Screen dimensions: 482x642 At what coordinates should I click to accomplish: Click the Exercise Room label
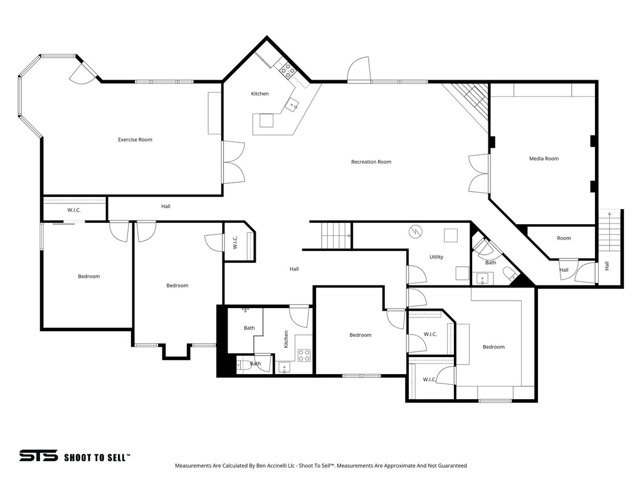(x=135, y=139)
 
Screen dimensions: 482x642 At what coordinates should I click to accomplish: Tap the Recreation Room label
(x=371, y=162)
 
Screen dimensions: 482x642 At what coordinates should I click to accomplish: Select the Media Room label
(x=543, y=159)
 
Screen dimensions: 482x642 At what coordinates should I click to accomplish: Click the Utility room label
(x=436, y=257)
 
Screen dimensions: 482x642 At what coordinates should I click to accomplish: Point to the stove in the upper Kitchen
(x=288, y=70)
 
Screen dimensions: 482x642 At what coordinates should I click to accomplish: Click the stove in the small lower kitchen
(x=303, y=355)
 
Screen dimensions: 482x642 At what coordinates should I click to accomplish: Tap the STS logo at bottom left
(x=38, y=456)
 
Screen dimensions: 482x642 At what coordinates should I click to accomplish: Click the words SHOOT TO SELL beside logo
(x=97, y=457)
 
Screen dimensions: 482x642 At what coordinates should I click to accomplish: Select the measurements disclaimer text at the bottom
(x=320, y=466)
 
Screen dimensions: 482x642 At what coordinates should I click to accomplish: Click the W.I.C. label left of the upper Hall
(x=74, y=210)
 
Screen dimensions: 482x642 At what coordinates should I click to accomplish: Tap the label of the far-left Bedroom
(x=88, y=276)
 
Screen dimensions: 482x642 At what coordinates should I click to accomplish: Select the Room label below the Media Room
(x=564, y=238)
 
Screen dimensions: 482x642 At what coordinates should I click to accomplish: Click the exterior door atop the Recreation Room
(x=359, y=70)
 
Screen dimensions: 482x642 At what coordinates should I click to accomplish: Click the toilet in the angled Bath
(x=509, y=273)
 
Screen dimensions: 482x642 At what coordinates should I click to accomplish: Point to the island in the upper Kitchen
(x=266, y=120)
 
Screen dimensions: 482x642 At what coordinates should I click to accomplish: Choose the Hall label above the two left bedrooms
(x=166, y=206)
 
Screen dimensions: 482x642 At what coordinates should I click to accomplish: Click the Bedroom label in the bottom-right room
(x=493, y=347)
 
